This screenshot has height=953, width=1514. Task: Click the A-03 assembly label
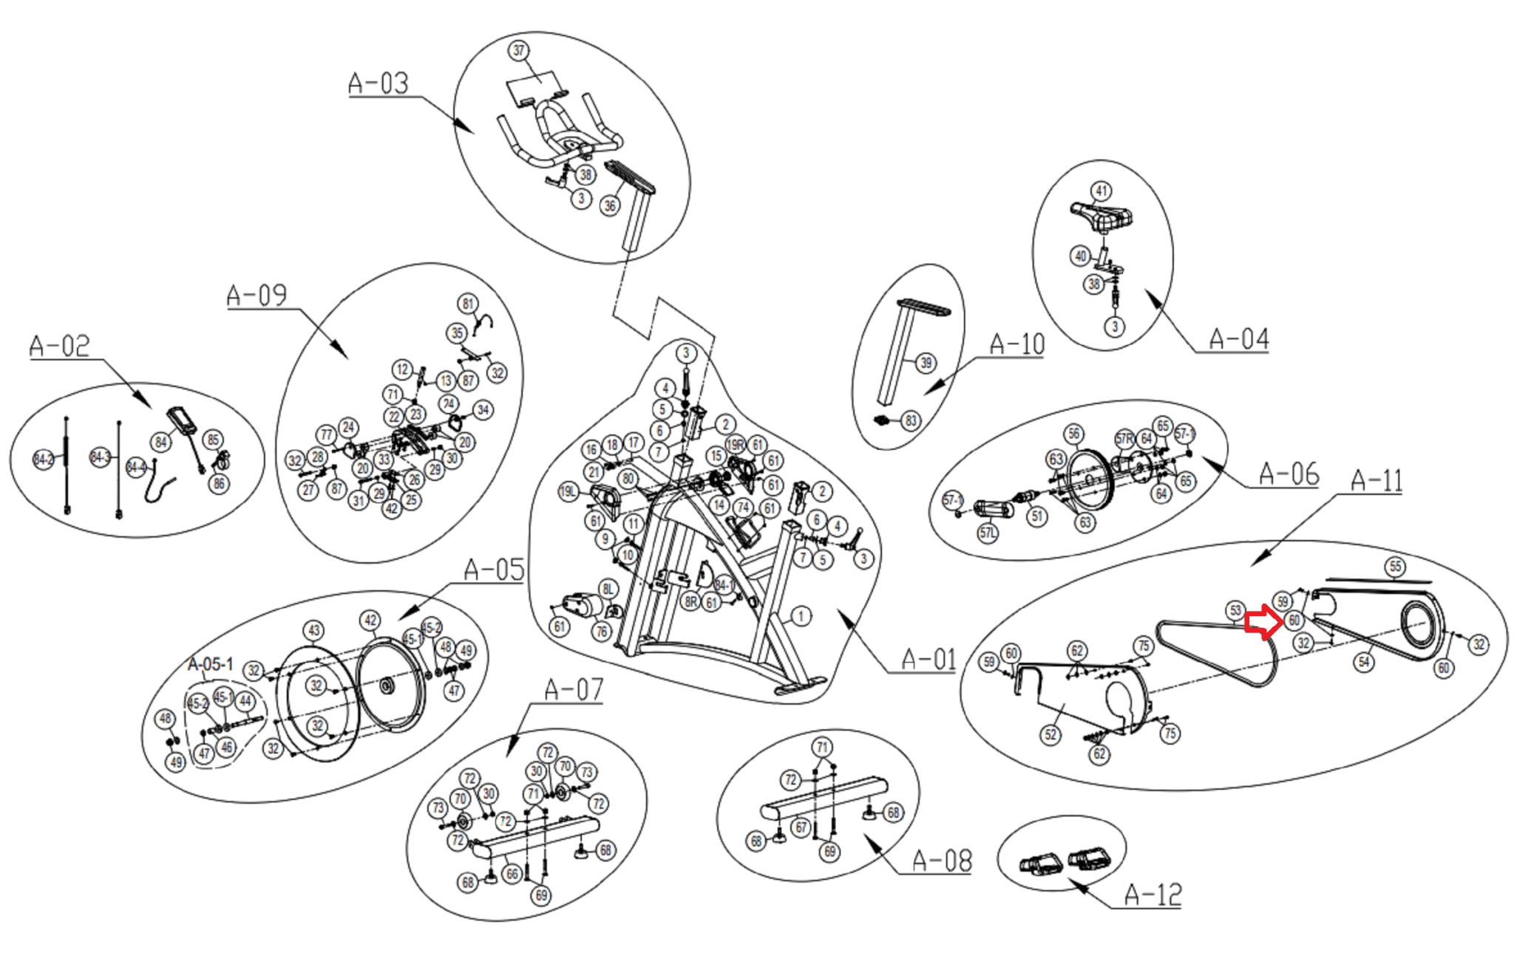coord(378,83)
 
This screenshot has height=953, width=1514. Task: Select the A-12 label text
coord(1153,895)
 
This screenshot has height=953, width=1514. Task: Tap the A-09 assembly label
coord(257,295)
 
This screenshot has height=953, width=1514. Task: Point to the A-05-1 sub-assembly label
coord(210,663)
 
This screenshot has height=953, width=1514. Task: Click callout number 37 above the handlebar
coord(519,50)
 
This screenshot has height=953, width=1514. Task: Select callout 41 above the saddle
coord(1101,191)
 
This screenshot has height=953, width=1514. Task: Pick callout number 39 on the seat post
coord(926,363)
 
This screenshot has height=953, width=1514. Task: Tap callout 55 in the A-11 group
coord(1394,567)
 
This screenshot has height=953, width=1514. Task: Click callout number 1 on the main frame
coord(800,615)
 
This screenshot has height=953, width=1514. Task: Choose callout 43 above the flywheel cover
coord(314,630)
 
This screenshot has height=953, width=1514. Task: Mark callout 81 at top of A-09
coord(467,304)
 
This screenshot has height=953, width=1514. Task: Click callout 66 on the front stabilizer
coord(512,874)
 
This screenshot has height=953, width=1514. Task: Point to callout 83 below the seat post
coord(910,421)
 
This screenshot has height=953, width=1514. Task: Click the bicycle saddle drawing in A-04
coord(1102,215)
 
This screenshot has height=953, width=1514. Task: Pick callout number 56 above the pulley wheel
coord(1073,434)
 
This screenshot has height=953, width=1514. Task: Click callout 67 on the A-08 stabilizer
coord(801,827)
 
